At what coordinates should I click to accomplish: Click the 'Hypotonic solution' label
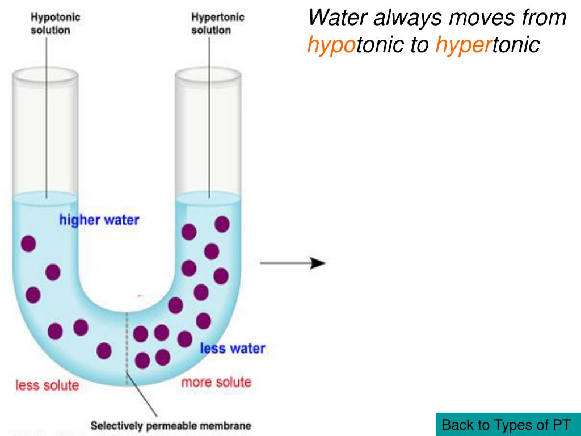click(55, 23)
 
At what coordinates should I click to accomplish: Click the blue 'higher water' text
click(99, 220)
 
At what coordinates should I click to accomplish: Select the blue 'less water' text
click(232, 348)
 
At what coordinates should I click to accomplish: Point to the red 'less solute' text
click(47, 385)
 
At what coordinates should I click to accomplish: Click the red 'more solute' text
click(216, 382)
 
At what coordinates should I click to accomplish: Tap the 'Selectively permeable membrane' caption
click(171, 425)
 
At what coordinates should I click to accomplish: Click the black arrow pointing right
click(293, 263)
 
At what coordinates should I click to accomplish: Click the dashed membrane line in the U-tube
click(127, 346)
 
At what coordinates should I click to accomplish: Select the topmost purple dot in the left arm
click(28, 244)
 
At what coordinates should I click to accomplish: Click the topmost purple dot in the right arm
click(222, 224)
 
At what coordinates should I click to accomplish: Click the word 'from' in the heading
click(545, 18)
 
